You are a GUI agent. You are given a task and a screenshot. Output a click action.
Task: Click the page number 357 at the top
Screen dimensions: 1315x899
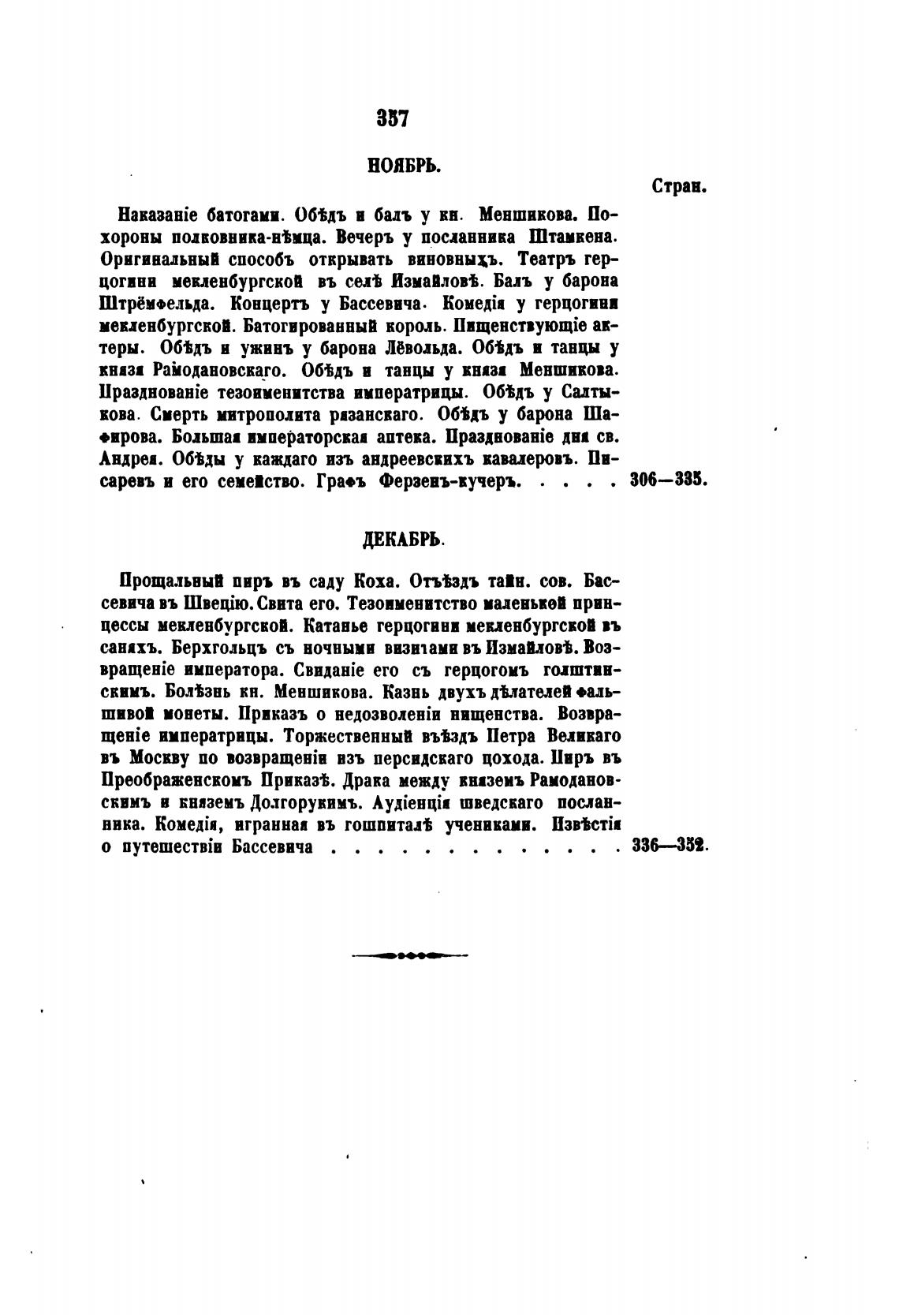(391, 119)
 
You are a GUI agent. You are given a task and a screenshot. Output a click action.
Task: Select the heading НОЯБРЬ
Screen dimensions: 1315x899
(403, 166)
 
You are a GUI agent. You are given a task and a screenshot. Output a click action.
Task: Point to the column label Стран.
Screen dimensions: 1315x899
(678, 186)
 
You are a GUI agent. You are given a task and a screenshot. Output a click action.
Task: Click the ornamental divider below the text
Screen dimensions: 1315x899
(409, 956)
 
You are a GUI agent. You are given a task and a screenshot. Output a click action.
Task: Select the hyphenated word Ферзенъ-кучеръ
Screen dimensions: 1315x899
(450, 480)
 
